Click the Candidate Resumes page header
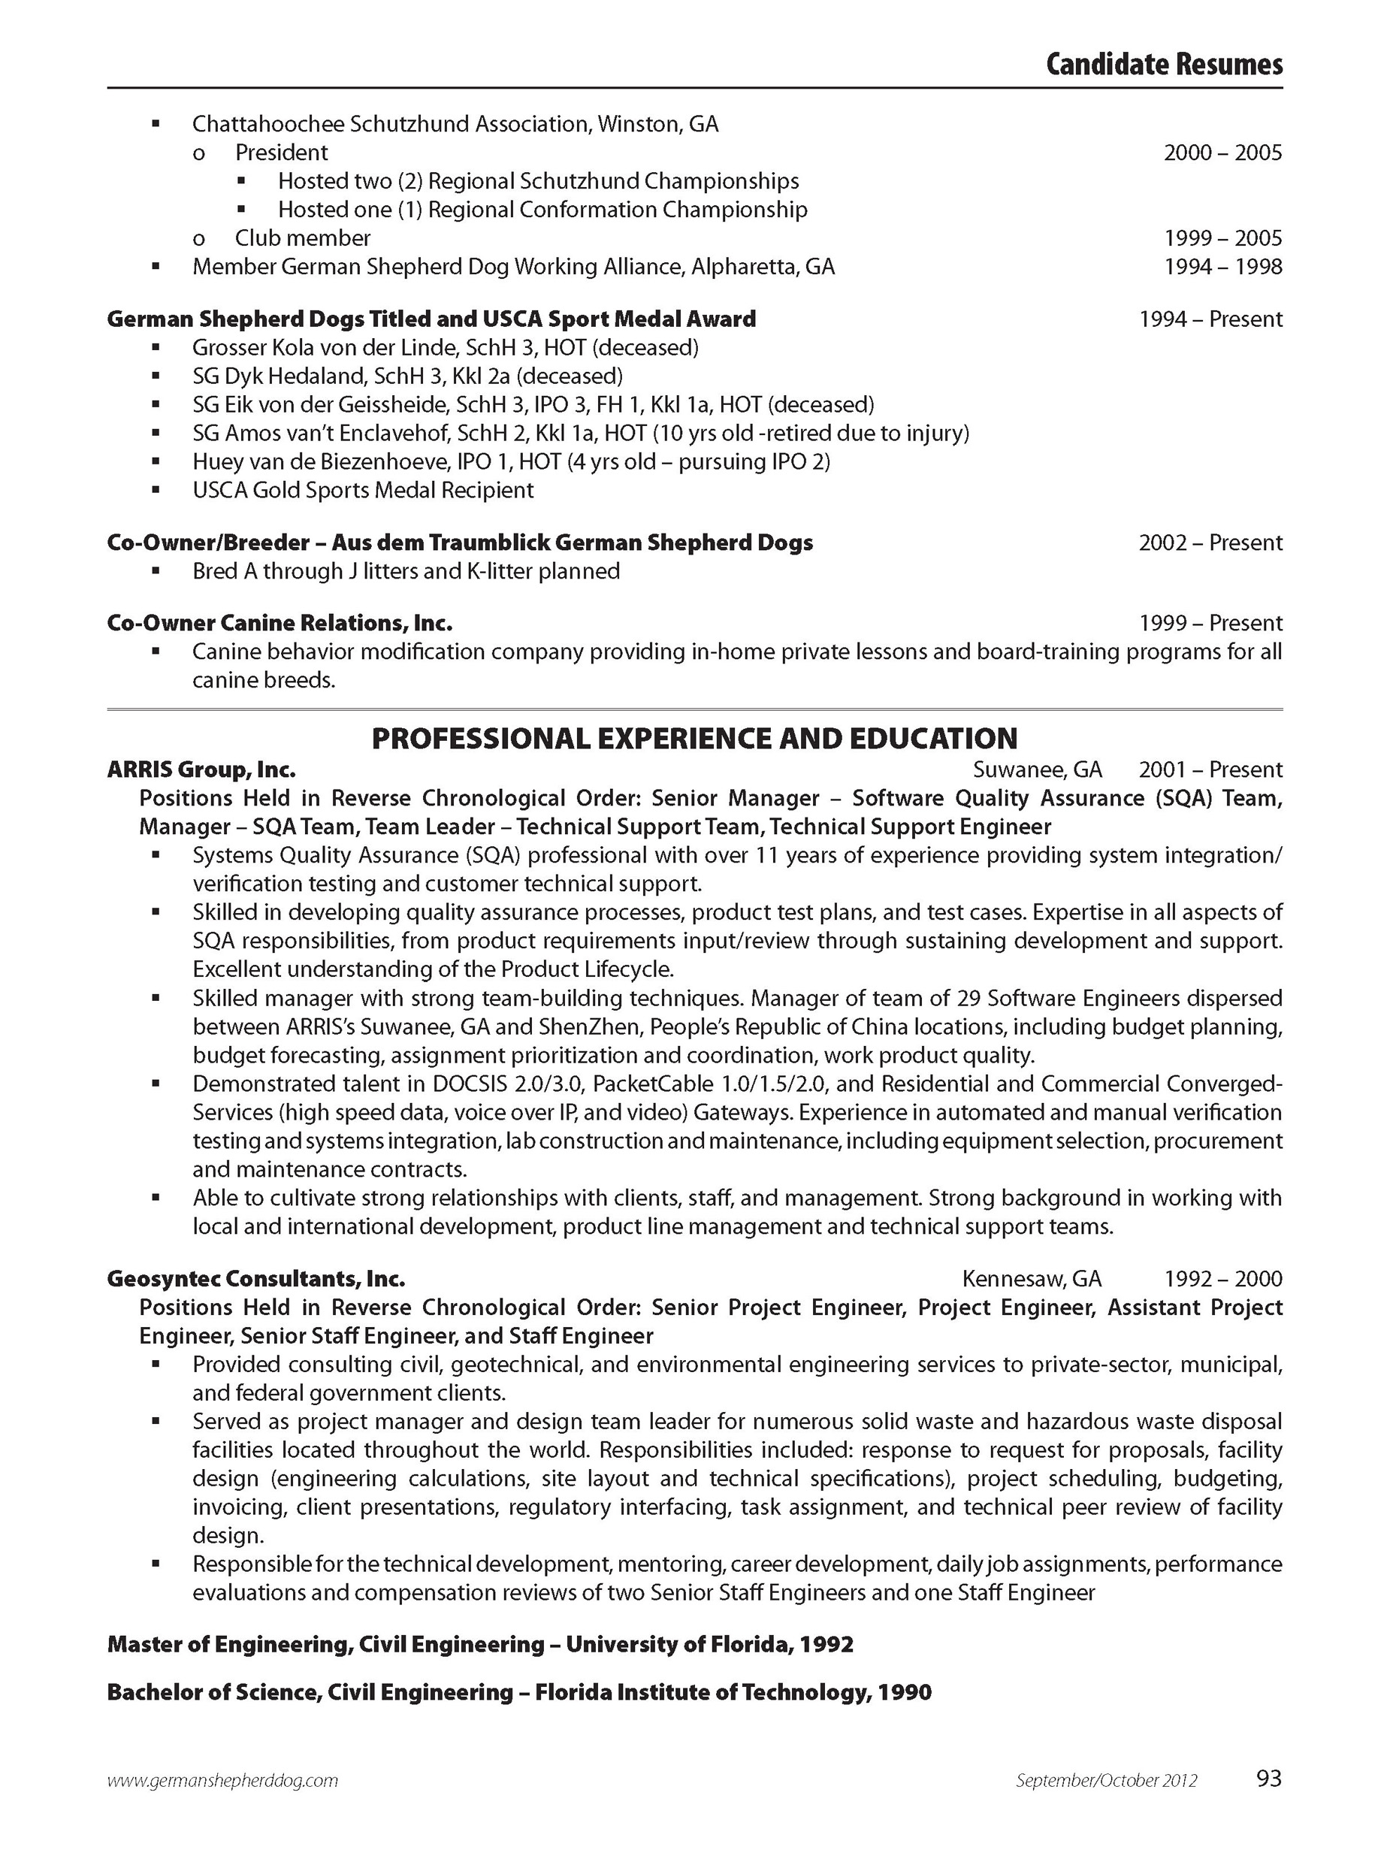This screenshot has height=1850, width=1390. (x=1163, y=65)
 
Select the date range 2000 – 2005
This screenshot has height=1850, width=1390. (x=1222, y=153)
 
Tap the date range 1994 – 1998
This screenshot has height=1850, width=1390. (x=1222, y=267)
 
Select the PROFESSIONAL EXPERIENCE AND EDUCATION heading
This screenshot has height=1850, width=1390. (x=694, y=739)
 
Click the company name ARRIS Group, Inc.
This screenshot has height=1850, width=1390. (x=201, y=769)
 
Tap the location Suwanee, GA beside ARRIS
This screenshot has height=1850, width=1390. (x=1037, y=769)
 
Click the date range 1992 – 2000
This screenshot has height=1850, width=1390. (x=1222, y=1279)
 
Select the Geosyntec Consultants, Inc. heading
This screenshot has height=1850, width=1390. (x=256, y=1279)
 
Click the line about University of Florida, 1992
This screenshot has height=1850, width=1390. (x=480, y=1644)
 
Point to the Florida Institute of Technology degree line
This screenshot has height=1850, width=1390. (x=518, y=1693)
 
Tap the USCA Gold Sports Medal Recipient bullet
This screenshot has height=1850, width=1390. (x=363, y=490)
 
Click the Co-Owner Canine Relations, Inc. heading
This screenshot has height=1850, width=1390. (x=280, y=623)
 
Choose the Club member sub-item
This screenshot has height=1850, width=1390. (x=302, y=238)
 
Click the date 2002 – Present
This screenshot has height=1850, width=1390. (x=1210, y=543)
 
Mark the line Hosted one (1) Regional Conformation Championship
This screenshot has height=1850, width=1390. (x=542, y=210)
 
